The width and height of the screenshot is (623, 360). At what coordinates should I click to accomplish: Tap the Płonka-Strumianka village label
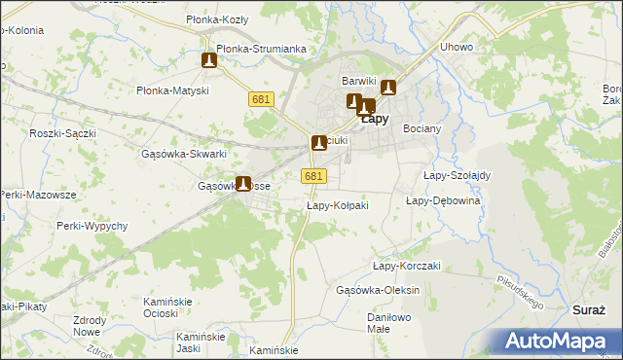click(262, 48)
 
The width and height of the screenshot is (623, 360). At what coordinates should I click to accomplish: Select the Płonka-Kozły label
click(219, 19)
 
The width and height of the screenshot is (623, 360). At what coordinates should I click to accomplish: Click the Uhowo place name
click(457, 47)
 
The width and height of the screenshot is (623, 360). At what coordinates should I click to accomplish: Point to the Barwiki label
click(358, 81)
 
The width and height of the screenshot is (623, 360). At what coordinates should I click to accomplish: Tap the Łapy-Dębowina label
click(443, 199)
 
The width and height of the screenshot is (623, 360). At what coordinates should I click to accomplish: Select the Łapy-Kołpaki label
click(337, 205)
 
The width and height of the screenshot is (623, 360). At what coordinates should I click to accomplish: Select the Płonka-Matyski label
click(173, 90)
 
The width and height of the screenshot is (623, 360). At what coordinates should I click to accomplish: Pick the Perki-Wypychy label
click(93, 226)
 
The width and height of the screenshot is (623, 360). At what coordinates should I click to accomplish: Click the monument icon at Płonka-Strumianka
click(209, 60)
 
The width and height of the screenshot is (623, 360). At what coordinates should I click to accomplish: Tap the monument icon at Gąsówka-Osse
click(243, 183)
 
